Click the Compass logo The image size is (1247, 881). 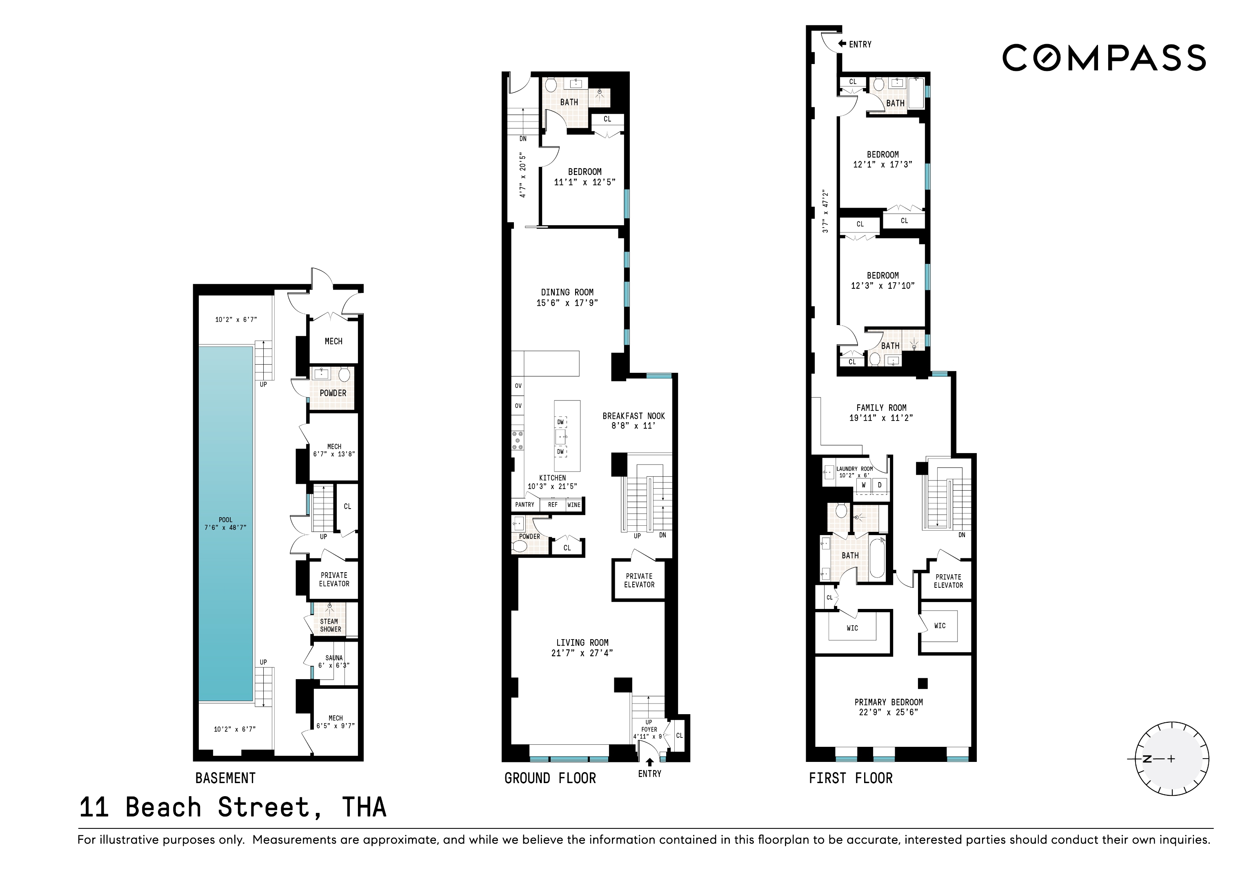pos(1104,58)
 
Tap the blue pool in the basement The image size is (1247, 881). pos(225,523)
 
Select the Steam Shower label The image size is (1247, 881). pos(330,625)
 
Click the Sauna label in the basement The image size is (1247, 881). pos(334,658)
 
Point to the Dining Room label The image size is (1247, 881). pos(567,292)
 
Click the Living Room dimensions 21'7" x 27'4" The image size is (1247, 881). pos(582,653)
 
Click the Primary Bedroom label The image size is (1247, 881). pos(889,702)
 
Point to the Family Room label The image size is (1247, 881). pos(881,407)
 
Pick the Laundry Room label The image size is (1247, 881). pos(855,469)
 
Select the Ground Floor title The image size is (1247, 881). pos(550,778)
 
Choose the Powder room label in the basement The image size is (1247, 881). pos(333,393)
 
